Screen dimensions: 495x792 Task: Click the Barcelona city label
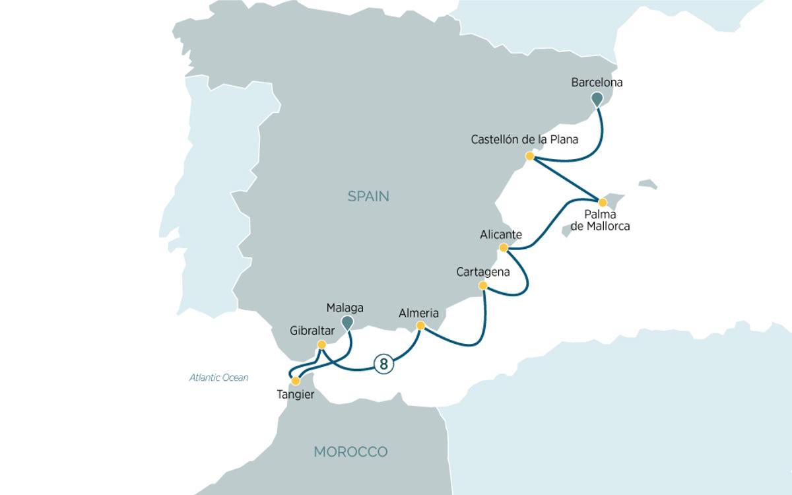[x=597, y=83]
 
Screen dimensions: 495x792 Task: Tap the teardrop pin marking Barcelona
[x=597, y=99]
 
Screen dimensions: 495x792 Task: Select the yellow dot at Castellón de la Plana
[x=529, y=156]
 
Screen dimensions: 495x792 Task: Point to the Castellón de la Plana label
[x=525, y=140]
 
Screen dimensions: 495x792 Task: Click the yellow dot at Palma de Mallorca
[x=602, y=202]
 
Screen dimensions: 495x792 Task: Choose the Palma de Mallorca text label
[x=600, y=220]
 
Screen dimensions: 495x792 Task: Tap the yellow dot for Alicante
[x=504, y=248]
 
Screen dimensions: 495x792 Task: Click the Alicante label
[x=501, y=235]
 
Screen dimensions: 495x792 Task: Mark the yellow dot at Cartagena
[x=482, y=286]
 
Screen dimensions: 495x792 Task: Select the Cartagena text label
[x=483, y=272]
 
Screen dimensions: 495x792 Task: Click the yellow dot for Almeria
[x=420, y=325]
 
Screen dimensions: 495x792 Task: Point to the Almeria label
[x=418, y=313]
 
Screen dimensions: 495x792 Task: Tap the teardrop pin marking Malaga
[x=346, y=321]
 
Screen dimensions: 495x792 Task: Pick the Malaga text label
[x=345, y=308]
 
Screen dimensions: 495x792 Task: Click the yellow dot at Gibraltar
[x=321, y=345]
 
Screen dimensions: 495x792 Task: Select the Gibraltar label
[x=312, y=331]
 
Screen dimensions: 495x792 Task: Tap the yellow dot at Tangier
[x=296, y=381]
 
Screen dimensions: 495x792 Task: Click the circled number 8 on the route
[x=383, y=364]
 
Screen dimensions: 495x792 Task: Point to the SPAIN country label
[x=368, y=196]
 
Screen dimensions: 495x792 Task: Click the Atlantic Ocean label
[x=219, y=378]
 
